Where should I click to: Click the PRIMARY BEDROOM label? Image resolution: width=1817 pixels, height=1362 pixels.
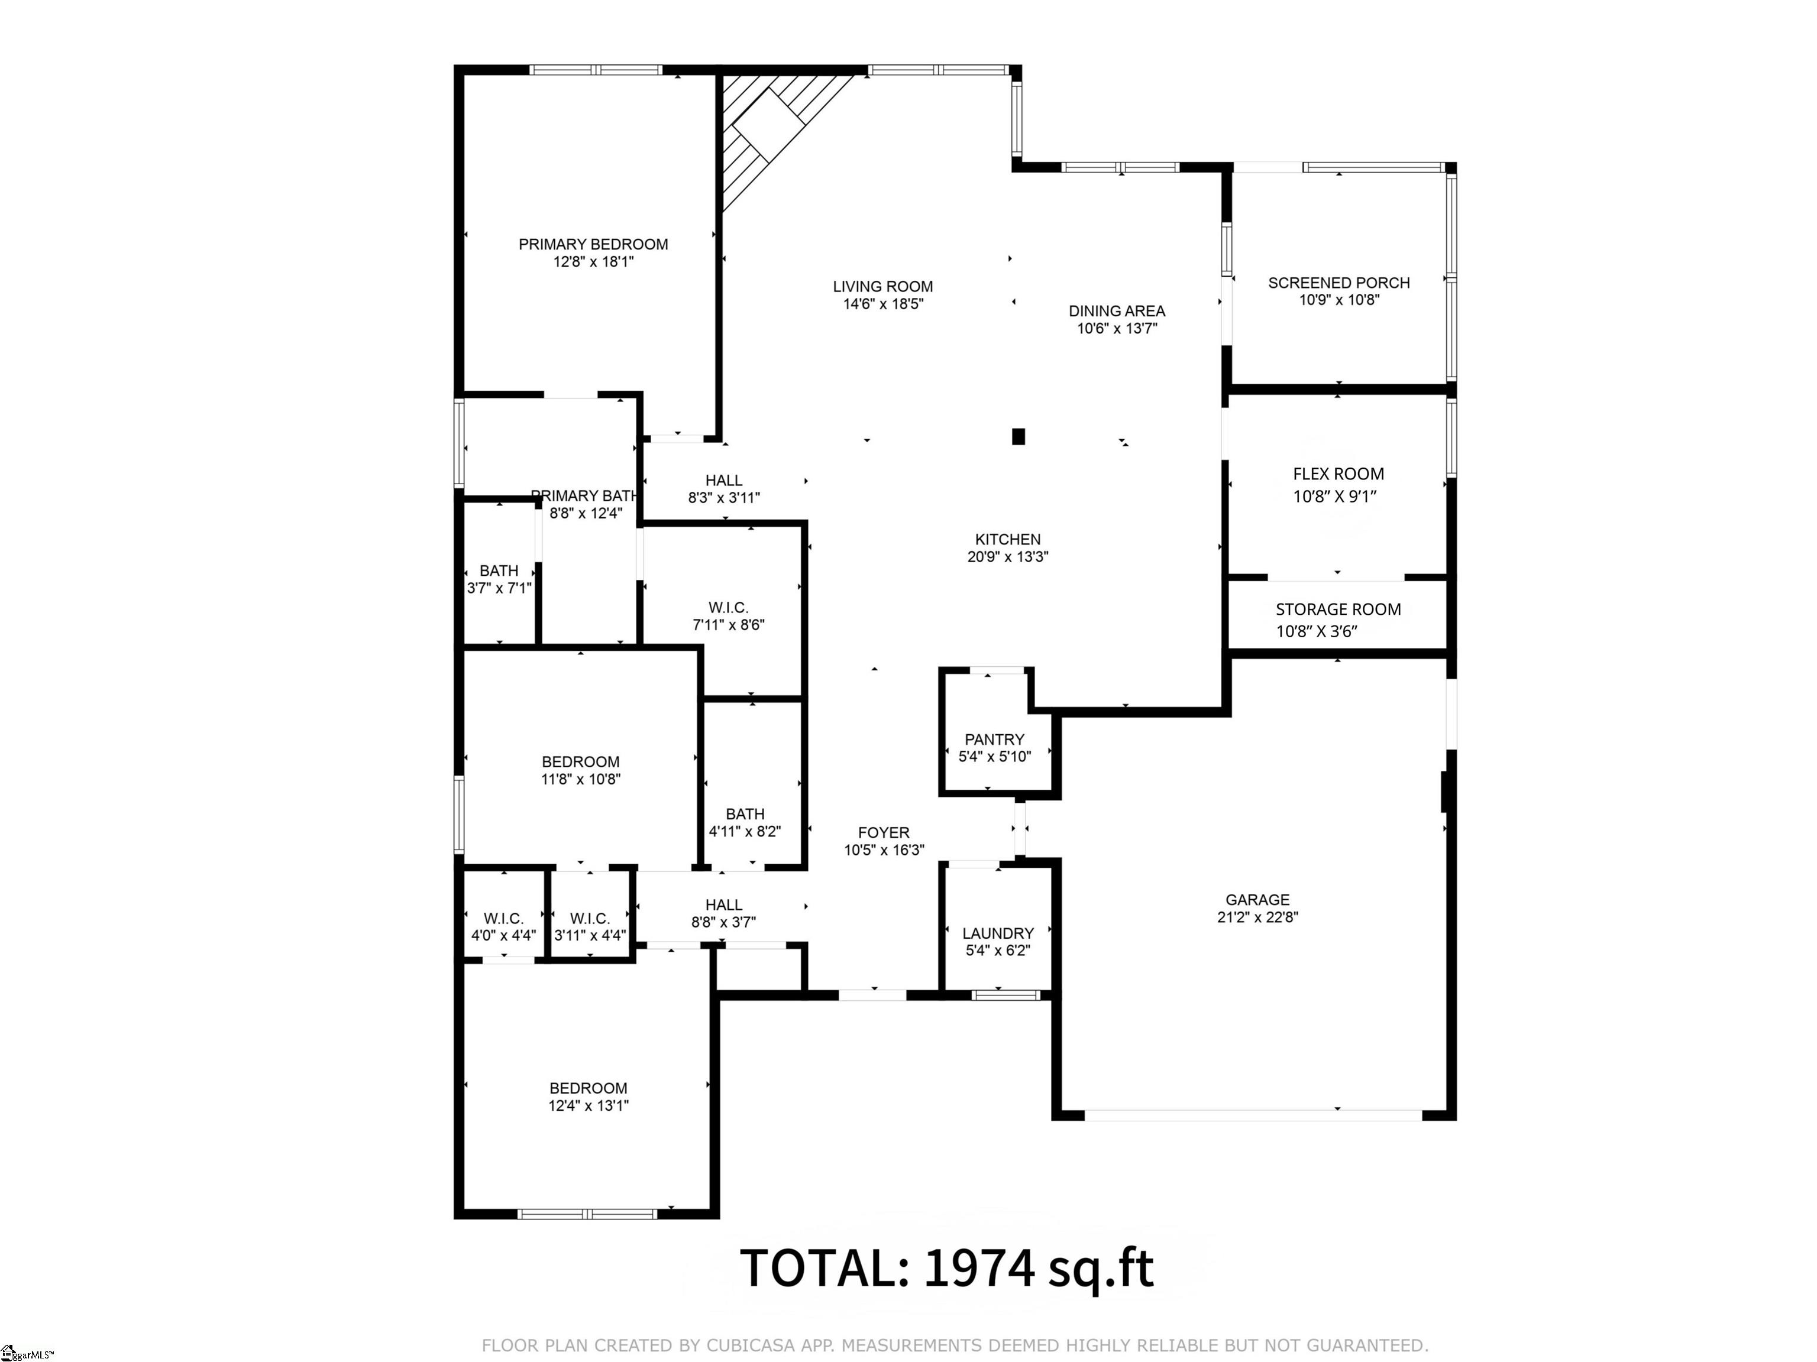point(593,244)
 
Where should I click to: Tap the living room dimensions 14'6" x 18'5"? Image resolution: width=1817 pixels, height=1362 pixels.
point(882,304)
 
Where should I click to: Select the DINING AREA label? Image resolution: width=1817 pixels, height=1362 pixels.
point(1116,310)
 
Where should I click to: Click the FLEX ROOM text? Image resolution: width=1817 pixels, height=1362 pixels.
point(1337,474)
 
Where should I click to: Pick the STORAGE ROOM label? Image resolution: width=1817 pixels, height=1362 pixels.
point(1337,609)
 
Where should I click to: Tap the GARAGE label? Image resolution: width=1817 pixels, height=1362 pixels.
point(1257,900)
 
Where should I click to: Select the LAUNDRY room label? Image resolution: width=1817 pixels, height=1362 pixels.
point(997,933)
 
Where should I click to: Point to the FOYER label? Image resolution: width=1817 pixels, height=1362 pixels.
point(883,832)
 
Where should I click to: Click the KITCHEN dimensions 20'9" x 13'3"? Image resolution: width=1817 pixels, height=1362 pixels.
point(1007,557)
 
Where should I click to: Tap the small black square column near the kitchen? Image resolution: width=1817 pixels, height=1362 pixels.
point(1018,437)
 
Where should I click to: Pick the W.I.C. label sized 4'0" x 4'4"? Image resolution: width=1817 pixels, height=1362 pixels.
point(503,918)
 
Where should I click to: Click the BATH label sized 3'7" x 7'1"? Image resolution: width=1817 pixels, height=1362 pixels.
point(499,570)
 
